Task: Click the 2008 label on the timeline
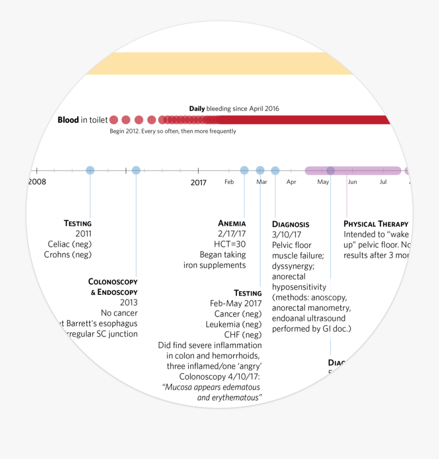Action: point(37,182)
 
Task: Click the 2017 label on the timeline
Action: point(199,183)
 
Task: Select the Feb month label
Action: point(229,182)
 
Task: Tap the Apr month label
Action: point(291,182)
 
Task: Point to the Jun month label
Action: point(352,182)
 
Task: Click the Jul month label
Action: point(383,182)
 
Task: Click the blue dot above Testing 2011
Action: point(90,170)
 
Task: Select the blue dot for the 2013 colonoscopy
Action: point(136,170)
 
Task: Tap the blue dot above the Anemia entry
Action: point(244,170)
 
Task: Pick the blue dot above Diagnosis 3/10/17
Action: point(275,170)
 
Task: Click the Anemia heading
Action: point(232,224)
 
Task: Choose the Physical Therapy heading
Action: point(376,224)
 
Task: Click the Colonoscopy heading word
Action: point(113,282)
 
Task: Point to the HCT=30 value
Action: point(230,244)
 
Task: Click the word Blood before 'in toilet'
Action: point(68,120)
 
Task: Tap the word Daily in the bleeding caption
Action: point(197,109)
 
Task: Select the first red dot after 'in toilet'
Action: point(114,120)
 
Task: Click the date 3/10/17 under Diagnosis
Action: point(287,235)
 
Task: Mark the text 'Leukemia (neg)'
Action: point(234,324)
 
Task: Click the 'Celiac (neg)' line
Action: point(70,244)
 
